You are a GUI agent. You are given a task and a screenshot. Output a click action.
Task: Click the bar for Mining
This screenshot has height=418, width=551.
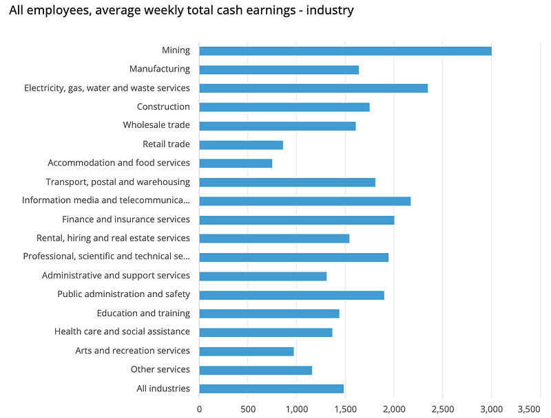[345, 51]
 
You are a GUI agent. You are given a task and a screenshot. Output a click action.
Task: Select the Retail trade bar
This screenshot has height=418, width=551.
[241, 145]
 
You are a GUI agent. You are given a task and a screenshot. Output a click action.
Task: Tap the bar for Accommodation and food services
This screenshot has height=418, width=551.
[236, 164]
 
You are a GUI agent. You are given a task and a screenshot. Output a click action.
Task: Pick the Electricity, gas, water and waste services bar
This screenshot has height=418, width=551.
[313, 88]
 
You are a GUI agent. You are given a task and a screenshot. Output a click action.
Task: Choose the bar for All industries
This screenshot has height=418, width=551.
[271, 389]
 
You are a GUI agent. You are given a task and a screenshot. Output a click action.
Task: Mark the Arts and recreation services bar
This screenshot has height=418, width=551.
[247, 351]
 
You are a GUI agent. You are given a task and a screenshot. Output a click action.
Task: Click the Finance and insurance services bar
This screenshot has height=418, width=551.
[297, 220]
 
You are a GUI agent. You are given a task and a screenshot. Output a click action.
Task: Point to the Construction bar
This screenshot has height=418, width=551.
[284, 107]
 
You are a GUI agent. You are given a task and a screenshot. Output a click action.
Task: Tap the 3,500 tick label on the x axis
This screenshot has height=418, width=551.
[528, 408]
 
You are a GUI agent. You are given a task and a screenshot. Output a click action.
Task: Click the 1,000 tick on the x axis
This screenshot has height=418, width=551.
[297, 408]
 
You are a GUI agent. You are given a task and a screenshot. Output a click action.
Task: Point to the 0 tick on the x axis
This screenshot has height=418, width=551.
[200, 408]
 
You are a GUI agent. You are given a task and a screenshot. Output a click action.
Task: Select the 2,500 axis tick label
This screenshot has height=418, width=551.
[442, 408]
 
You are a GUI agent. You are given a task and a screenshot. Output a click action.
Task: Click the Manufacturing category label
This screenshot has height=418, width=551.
[160, 69]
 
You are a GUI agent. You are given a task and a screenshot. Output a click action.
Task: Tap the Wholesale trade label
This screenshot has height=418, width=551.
[156, 125]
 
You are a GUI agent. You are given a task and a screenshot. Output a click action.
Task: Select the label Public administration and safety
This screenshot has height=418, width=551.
[124, 294]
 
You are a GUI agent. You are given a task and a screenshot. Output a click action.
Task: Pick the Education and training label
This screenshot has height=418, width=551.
[143, 313]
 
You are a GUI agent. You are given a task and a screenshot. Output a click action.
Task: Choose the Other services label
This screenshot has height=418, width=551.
[160, 370]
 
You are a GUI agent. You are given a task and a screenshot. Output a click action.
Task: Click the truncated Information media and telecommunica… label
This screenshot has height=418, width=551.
[106, 201]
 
